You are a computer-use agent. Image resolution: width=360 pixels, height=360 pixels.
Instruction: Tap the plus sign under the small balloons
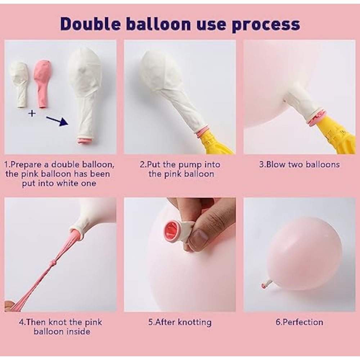click(x=32, y=113)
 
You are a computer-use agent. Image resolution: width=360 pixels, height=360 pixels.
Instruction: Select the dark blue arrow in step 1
click(x=57, y=121)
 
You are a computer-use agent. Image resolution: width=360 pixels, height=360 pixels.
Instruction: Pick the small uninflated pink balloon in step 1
click(x=42, y=84)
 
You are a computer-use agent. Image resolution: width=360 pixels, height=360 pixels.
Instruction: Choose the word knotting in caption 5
click(x=195, y=323)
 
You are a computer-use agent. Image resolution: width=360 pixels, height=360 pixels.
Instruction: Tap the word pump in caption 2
click(x=190, y=165)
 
